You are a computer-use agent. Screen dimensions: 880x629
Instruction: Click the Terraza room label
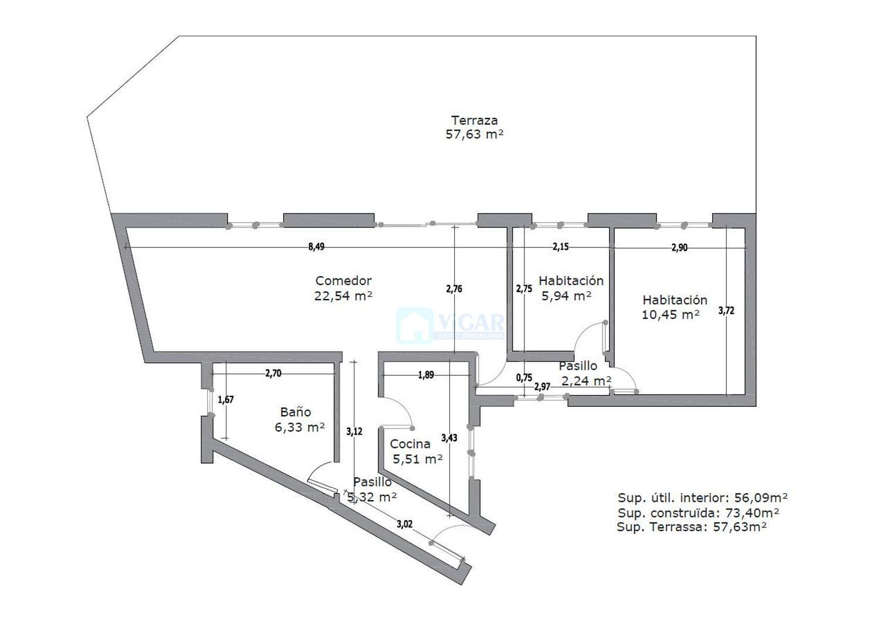tap(474, 120)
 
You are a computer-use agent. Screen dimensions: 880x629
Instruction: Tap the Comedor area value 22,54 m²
tap(343, 295)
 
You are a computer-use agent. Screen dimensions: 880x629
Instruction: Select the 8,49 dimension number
tap(316, 247)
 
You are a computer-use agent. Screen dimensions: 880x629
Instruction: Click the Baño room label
tap(296, 412)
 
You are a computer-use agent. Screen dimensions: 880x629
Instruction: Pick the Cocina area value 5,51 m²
tap(418, 458)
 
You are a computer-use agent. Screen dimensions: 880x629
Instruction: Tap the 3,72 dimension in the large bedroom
tap(726, 311)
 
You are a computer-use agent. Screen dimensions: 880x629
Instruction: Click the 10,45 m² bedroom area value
tap(670, 314)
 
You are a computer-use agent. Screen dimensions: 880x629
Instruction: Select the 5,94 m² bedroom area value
tap(566, 295)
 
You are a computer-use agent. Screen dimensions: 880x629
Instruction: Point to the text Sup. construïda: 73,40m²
tap(699, 513)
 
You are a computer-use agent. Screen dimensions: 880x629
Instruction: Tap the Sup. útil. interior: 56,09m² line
tap(702, 498)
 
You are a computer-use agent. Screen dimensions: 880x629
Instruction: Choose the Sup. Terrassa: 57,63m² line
tap(692, 526)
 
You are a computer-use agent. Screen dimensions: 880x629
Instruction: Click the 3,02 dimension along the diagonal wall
tap(405, 523)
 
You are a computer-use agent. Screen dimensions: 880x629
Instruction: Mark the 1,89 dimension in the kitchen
tap(426, 375)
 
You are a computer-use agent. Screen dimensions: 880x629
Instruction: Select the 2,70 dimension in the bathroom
tap(273, 373)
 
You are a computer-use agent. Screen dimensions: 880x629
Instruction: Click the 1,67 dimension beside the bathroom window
tap(226, 399)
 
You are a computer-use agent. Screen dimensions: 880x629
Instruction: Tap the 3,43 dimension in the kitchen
tap(449, 437)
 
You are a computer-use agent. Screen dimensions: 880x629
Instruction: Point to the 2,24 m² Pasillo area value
tap(586, 381)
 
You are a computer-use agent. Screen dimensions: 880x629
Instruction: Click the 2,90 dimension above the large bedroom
tap(679, 248)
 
